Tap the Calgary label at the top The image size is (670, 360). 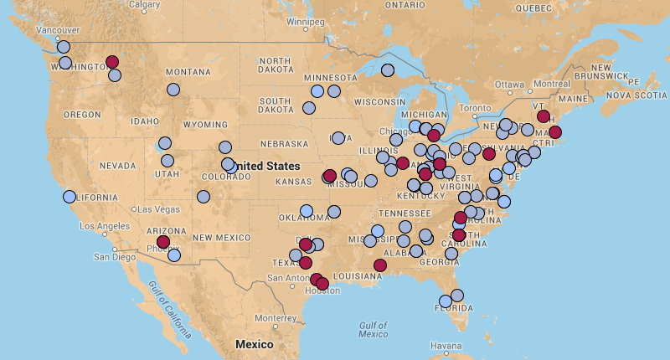pos(145,4)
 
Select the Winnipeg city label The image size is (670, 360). pos(304,21)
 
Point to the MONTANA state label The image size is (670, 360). pos(188,72)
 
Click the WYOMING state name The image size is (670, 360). pos(205,125)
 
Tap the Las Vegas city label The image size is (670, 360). pos(157,208)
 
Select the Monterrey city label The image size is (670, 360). pos(276,318)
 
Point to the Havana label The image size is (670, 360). pos(446,346)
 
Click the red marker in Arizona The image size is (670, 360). pos(163,242)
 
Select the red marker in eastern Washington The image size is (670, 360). pos(112,62)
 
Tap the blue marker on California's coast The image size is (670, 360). pos(69,197)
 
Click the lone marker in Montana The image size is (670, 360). pos(173,90)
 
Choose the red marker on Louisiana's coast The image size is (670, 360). pos(380,265)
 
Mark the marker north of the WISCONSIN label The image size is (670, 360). pos(388,70)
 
